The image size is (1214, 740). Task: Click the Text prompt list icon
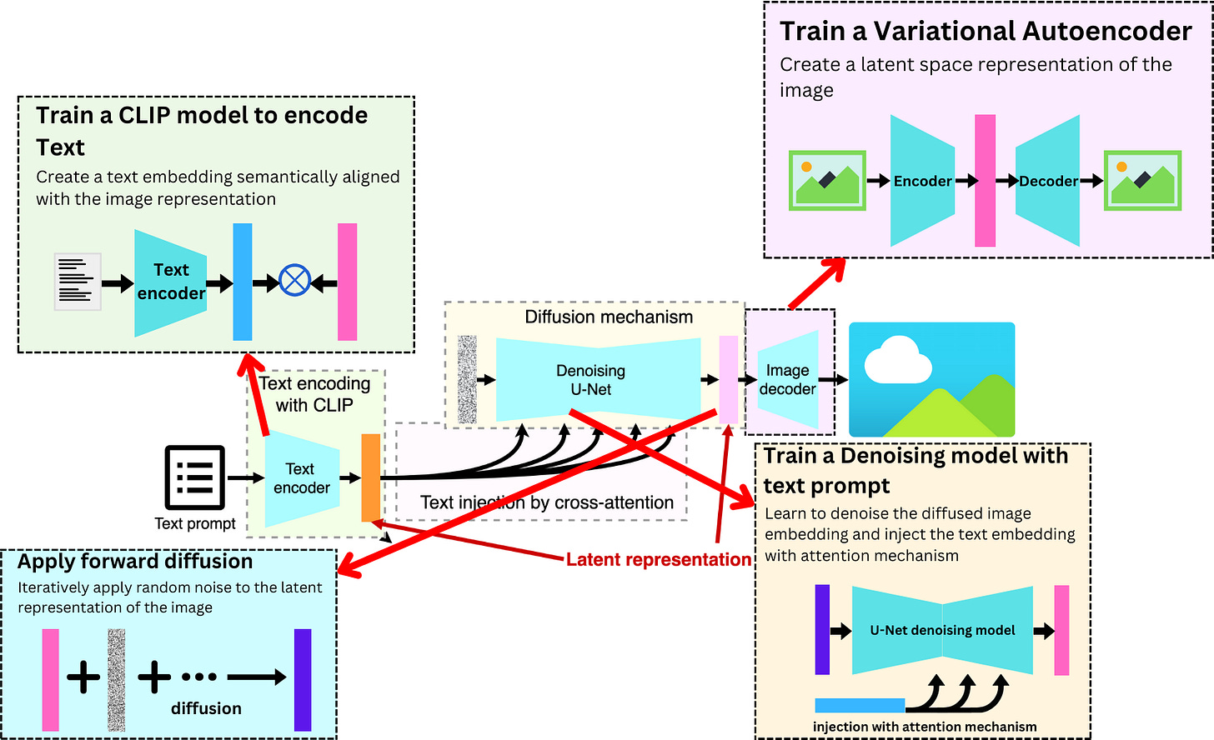pos(194,477)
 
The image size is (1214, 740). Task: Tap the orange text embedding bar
pos(370,477)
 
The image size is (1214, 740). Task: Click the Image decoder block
pos(788,380)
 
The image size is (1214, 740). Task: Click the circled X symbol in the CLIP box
pos(294,281)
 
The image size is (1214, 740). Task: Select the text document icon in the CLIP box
pos(78,282)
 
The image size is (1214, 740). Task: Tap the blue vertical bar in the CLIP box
pos(242,282)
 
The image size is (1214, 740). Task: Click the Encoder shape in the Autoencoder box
pos(921,181)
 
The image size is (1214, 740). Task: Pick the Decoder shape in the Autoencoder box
pos(1048,181)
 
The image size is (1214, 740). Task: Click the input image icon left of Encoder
pos(827,180)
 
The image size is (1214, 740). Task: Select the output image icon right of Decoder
pos(1142,180)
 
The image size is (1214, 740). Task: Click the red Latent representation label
pos(659,560)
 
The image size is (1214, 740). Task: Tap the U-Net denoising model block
pos(942,630)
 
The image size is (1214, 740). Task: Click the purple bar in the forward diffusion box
pos(303,680)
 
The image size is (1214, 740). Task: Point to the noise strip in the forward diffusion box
pos(117,680)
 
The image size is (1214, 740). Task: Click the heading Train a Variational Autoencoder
pos(986,32)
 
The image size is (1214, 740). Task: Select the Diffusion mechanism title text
pos(609,317)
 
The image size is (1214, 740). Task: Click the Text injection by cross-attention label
pos(547,502)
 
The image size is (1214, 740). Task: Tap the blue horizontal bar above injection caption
pos(859,705)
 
